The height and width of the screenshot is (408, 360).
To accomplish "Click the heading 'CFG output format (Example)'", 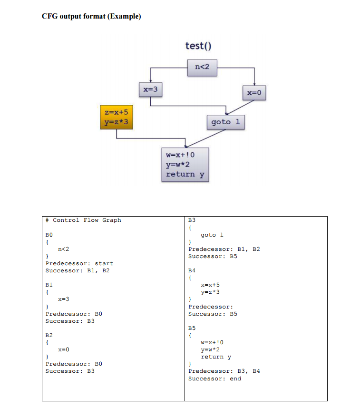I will (91, 16).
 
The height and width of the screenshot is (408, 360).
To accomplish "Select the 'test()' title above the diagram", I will (198, 46).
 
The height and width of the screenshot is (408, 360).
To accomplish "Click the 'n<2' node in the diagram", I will (203, 68).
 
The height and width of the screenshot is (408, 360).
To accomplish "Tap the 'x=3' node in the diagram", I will (151, 89).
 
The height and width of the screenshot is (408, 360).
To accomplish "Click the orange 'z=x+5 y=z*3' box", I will (116, 117).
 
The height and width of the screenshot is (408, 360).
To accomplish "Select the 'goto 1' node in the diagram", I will (225, 122).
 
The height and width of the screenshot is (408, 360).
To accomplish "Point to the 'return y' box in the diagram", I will (185, 164).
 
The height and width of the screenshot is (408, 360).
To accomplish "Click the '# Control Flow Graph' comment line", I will (83, 220).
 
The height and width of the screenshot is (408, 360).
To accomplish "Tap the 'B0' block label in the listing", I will (49, 235).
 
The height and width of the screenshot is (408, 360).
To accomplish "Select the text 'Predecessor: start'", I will (79, 263).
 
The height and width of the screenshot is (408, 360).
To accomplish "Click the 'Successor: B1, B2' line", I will (78, 270).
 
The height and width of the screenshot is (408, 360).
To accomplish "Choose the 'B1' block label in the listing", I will (49, 285).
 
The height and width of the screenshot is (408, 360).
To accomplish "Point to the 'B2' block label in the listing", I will (49, 335).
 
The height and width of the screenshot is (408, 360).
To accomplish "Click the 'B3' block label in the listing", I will (192, 220).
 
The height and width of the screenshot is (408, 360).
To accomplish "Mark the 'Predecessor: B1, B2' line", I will (224, 249).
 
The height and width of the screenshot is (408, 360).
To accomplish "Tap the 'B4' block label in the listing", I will (192, 270).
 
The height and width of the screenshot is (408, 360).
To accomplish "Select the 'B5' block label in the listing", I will (192, 328).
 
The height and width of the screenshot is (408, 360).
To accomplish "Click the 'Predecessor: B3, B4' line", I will (224, 371).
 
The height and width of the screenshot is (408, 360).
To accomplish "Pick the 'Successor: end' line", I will (214, 378).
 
